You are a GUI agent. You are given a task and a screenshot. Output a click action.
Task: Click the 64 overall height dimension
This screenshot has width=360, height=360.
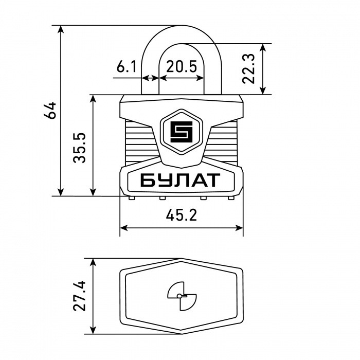(x=50, y=111)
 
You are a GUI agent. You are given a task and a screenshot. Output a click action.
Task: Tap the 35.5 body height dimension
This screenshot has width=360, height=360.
(x=79, y=148)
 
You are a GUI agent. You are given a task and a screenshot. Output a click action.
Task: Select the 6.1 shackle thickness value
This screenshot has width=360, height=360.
(x=127, y=67)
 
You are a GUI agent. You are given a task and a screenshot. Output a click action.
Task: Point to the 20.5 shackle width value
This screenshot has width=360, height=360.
(x=182, y=67)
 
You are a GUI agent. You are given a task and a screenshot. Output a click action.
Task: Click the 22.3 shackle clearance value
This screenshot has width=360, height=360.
(x=248, y=68)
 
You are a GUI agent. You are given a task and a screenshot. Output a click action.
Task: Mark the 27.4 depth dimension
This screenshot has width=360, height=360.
(x=79, y=296)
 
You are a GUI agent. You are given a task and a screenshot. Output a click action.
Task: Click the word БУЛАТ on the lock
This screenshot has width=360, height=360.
(x=180, y=180)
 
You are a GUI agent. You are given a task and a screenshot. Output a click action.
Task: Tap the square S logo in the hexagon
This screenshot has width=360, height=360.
(x=182, y=132)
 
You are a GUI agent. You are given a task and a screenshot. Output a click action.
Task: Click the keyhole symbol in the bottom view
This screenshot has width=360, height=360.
(x=182, y=296)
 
